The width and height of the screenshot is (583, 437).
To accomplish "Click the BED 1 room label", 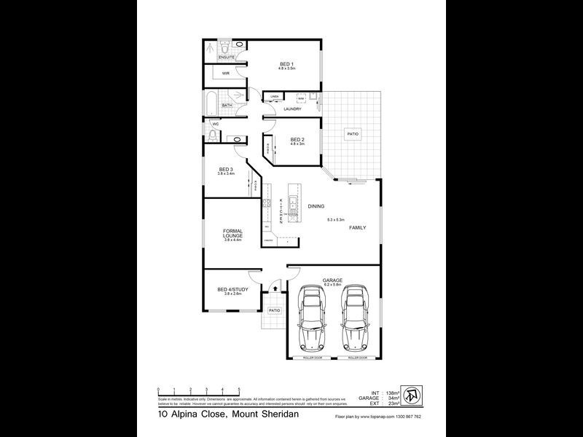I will pos(287,64).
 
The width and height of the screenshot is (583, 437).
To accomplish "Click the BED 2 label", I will pos(297,140).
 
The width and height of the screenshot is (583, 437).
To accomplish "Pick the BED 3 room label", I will pos(225,170).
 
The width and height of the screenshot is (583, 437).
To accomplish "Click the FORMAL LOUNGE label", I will pos(233,235).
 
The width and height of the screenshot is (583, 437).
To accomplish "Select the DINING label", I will pos(316,207).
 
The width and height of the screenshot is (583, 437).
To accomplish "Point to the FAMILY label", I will pos(357,227).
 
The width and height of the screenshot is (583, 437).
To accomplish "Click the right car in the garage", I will pos(356,318).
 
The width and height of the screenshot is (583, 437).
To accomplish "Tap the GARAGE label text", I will pos(332,279).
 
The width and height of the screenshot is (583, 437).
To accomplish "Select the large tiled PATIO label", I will pos(352,135).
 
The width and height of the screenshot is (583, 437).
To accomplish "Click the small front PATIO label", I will pos(274,311).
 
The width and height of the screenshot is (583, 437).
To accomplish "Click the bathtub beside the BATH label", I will pos(209,103).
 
